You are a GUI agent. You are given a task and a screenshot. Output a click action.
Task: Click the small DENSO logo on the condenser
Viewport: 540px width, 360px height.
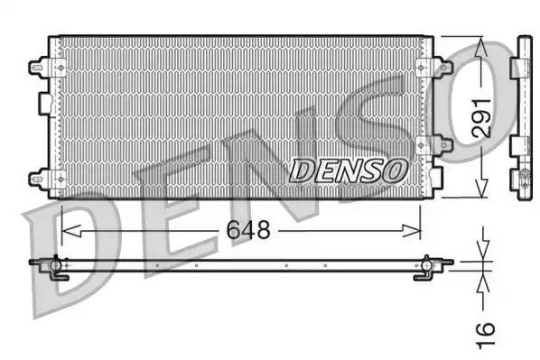point(348,168)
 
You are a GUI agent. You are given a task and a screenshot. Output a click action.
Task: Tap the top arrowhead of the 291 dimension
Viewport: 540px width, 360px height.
point(481,42)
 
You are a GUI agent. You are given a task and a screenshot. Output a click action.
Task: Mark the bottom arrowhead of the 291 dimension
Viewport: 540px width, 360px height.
point(481,191)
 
